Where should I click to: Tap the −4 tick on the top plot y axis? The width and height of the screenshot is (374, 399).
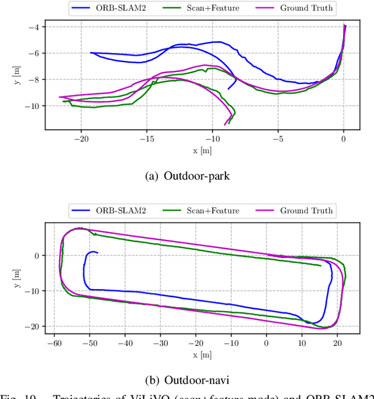tap(34, 27)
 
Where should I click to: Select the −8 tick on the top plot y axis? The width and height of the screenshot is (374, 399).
tap(34, 80)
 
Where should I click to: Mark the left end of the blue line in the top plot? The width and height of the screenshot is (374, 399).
tap(91, 53)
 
